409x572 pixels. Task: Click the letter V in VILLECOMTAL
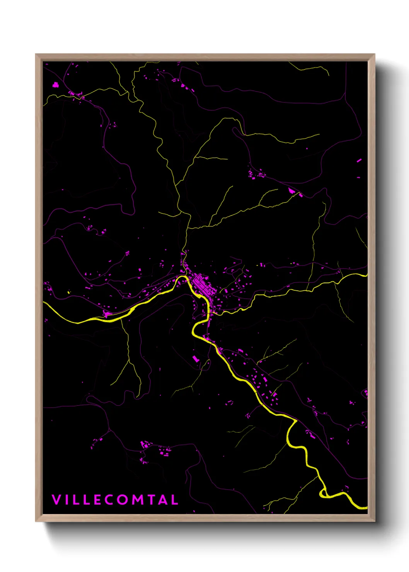coord(56,500)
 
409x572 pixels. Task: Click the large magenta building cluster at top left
coord(56,85)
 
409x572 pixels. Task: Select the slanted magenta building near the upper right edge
coord(359,160)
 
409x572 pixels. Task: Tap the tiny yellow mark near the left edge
coord(68,293)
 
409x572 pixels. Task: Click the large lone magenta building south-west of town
coord(196,359)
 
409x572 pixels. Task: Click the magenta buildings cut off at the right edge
coord(366,394)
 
